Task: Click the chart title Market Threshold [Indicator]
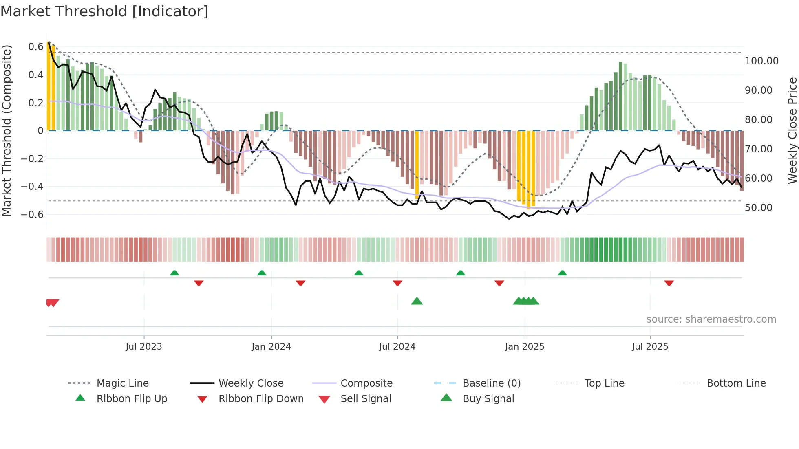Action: pyautogui.click(x=104, y=11)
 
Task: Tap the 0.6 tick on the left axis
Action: pyautogui.click(x=35, y=47)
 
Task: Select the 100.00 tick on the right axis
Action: pyautogui.click(x=761, y=61)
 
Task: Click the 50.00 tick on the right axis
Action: pyautogui.click(x=758, y=208)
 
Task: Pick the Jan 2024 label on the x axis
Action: pyautogui.click(x=271, y=347)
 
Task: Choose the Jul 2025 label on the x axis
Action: pyautogui.click(x=650, y=347)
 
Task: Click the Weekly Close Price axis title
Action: pyautogui.click(x=792, y=130)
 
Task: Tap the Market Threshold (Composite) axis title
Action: pyautogui.click(x=7, y=130)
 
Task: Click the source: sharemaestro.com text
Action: pyautogui.click(x=711, y=319)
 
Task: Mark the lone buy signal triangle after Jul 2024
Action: pyautogui.click(x=417, y=301)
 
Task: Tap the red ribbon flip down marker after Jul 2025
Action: pyautogui.click(x=669, y=283)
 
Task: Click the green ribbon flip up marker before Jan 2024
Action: pyautogui.click(x=262, y=273)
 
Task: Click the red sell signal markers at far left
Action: pyautogui.click(x=53, y=303)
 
